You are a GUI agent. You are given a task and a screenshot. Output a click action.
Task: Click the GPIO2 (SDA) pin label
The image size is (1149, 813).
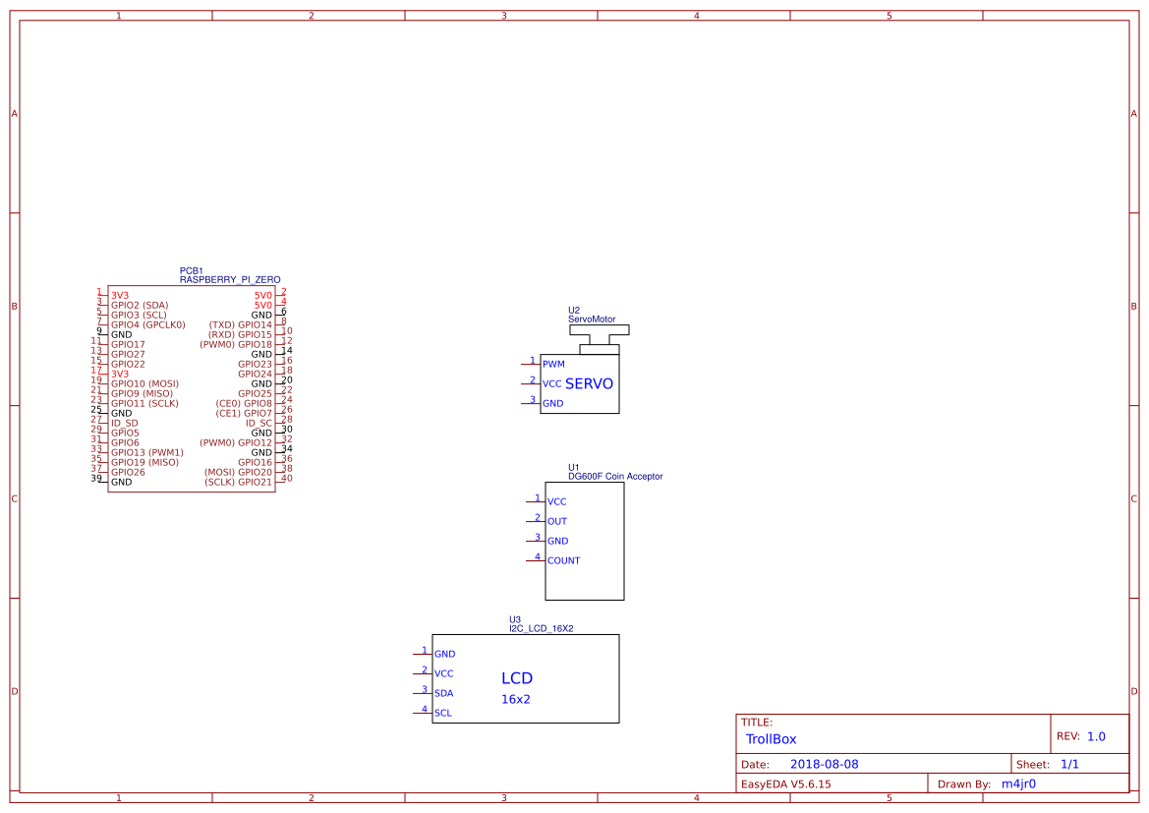pos(140,306)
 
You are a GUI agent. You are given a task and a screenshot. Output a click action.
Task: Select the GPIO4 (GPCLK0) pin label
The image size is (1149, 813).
pos(148,325)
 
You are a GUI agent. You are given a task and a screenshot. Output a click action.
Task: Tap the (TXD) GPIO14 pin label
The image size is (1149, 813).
pos(241,325)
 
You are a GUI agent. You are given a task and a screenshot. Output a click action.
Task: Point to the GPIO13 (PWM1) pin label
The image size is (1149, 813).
pos(147,453)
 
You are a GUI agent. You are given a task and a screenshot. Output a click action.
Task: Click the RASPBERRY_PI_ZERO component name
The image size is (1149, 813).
pos(230,280)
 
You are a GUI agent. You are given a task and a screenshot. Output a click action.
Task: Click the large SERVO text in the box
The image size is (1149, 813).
pos(589,384)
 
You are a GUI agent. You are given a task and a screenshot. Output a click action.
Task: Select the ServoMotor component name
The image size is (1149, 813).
pos(592,319)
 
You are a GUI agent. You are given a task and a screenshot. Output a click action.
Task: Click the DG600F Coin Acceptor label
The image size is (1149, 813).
pos(615,477)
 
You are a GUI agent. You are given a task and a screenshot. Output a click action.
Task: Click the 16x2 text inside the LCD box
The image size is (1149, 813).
pos(516,699)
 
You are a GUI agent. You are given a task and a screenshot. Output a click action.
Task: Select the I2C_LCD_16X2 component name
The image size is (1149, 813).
pos(542,629)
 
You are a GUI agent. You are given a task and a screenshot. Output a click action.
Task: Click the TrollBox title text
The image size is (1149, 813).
pos(771,739)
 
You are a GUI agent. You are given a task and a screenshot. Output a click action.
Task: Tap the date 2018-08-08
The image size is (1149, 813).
pos(825,764)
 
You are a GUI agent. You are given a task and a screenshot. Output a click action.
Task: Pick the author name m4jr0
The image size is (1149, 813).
pos(1018,784)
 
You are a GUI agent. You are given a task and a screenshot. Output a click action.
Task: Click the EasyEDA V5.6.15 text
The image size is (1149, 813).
pos(785,784)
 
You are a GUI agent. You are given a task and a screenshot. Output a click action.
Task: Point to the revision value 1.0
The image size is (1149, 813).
pos(1096,736)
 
